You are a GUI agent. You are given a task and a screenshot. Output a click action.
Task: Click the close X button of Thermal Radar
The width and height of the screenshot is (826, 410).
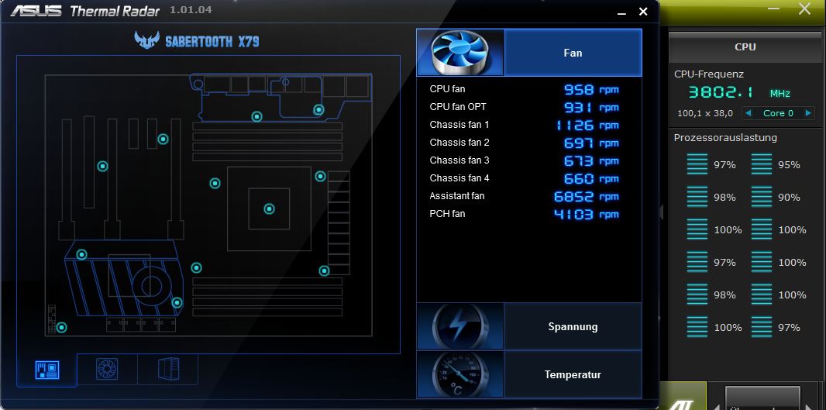(643, 12)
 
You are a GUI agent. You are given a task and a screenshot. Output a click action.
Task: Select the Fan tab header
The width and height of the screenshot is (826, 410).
(573, 53)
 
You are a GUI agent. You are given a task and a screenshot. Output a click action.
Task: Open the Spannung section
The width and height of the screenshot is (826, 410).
(573, 326)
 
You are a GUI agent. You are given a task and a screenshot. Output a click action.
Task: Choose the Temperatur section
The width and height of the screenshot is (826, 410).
(573, 374)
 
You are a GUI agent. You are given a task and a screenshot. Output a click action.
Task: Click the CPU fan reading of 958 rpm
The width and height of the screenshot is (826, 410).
(590, 89)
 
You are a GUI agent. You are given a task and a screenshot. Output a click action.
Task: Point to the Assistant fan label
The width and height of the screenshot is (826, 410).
(457, 196)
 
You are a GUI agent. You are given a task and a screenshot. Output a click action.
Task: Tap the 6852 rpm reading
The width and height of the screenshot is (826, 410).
(586, 196)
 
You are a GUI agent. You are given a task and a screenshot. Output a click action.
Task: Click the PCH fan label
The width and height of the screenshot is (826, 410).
(447, 214)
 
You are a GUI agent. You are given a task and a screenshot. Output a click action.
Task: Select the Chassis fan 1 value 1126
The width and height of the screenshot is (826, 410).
(587, 125)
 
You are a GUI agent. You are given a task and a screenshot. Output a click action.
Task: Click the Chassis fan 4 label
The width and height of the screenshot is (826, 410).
(459, 178)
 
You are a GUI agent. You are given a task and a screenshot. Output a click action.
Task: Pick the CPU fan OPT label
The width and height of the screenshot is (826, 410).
(458, 107)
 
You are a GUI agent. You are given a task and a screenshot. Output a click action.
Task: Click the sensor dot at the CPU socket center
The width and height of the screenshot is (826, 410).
(269, 208)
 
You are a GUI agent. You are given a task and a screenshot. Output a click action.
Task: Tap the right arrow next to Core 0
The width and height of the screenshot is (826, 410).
(808, 113)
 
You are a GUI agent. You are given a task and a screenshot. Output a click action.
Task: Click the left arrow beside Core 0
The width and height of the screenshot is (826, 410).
(748, 113)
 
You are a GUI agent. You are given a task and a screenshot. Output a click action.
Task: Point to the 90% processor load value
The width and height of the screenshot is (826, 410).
(789, 198)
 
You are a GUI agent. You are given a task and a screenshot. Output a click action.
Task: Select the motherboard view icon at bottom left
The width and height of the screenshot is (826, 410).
(46, 369)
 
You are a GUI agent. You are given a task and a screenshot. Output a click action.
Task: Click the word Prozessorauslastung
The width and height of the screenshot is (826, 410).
(725, 138)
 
